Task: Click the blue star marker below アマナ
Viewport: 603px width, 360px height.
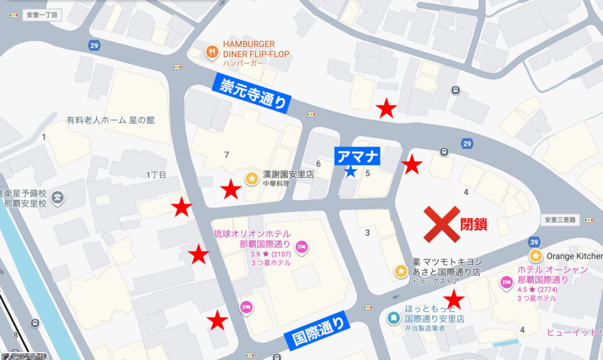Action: click(350, 171)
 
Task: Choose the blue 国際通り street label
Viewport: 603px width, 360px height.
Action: click(319, 330)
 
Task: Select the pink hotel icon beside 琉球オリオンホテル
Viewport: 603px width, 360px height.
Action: click(301, 246)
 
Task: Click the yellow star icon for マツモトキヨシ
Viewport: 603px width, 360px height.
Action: click(401, 271)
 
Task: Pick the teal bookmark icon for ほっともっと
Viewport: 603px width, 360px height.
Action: click(393, 318)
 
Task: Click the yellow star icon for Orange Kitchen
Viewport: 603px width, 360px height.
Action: click(535, 256)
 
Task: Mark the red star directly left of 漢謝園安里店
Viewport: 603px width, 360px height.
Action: click(231, 188)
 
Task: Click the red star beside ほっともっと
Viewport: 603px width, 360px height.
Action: click(454, 299)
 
